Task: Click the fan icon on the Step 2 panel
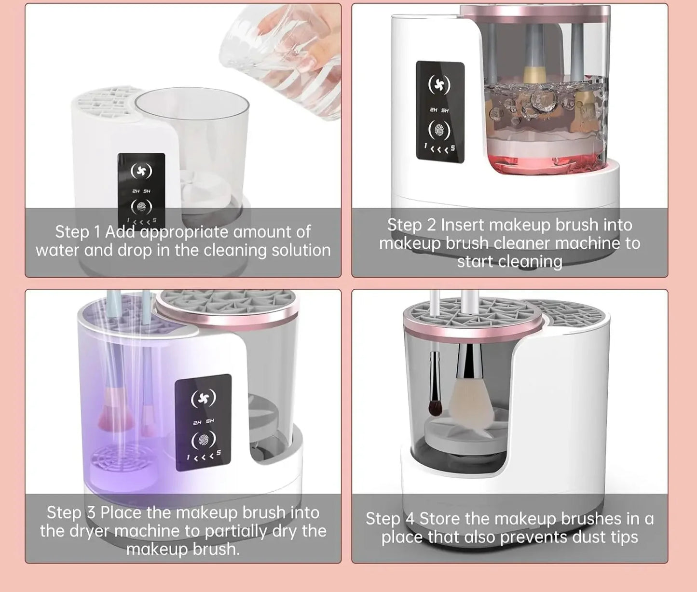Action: click(439, 85)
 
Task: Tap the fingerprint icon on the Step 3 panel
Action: click(203, 440)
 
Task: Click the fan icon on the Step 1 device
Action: click(141, 171)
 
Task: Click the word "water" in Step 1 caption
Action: click(57, 250)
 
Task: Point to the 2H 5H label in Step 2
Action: click(439, 110)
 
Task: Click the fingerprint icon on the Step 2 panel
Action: click(439, 130)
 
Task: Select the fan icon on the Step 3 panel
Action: click(203, 398)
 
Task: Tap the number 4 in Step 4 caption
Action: click(410, 519)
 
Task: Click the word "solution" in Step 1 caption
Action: click(301, 250)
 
